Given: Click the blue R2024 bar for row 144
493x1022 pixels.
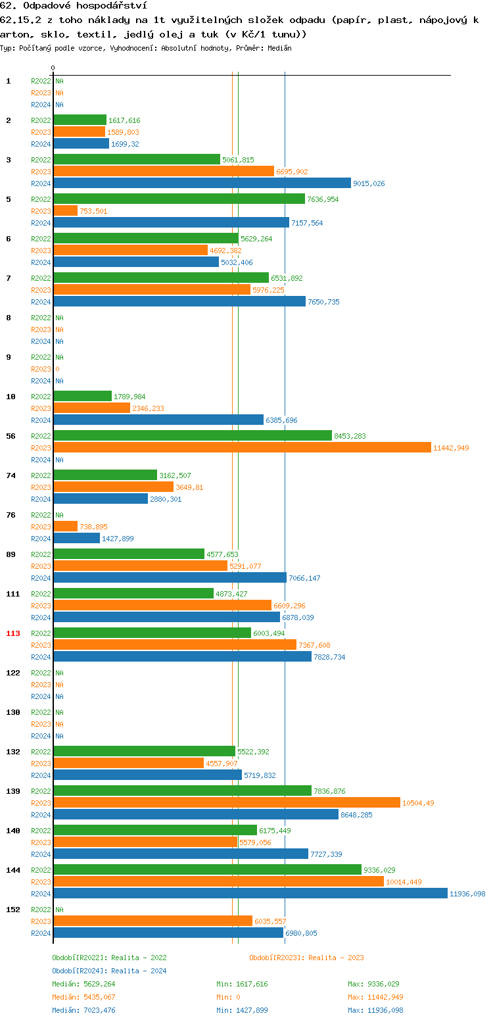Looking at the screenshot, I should coord(250,893).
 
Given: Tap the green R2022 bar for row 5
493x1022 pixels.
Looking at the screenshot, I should coord(179,199).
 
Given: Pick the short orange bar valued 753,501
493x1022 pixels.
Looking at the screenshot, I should coord(65,210).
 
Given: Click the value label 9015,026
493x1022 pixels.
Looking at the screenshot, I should coord(369,183).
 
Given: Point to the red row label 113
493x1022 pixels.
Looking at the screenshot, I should coord(13,633).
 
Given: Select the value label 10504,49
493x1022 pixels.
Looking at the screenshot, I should coord(419,803).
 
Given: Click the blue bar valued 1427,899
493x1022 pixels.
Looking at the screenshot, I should coord(76,538).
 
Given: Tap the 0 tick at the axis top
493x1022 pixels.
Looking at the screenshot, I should coord(53,68).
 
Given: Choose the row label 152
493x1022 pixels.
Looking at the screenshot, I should coord(13,910).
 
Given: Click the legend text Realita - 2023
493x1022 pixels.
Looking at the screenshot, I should coord(336,958).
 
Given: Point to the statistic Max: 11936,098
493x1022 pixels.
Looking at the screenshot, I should coord(375,1010).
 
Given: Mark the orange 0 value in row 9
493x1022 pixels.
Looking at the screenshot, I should coord(57,369).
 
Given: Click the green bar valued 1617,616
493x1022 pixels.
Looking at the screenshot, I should coord(80,120).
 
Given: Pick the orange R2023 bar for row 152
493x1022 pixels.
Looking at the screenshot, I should coord(153,921).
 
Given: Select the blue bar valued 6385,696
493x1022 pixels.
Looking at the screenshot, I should coord(158,420).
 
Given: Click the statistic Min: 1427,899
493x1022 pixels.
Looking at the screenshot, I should coord(242,1010).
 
